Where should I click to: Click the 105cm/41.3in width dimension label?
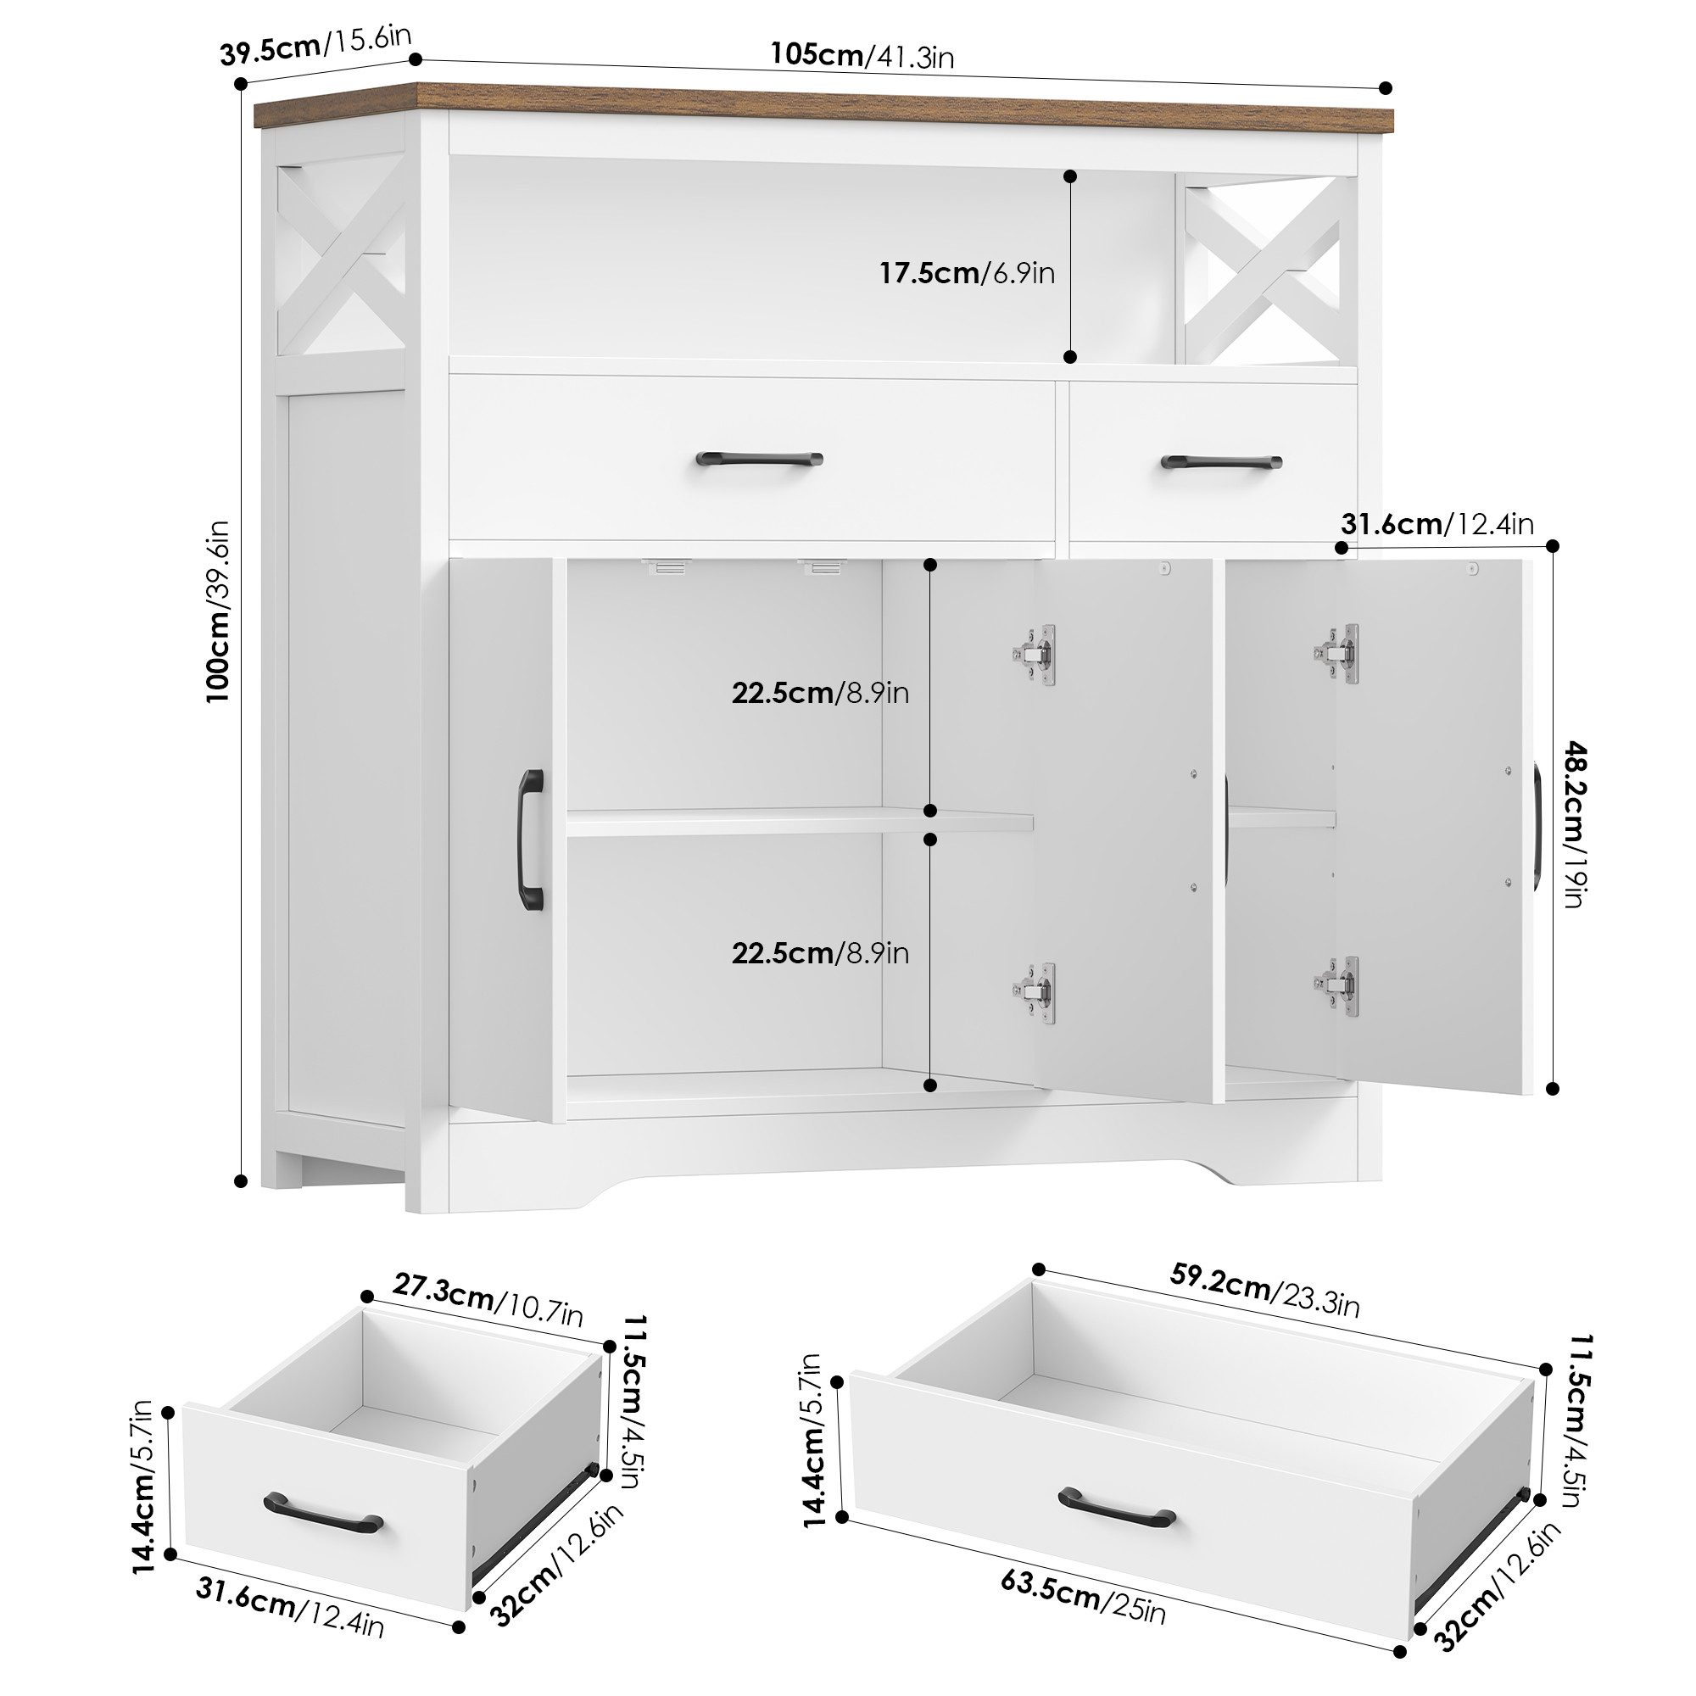click(862, 55)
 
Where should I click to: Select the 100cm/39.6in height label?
click(219, 611)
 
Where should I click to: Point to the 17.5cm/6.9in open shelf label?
click(968, 273)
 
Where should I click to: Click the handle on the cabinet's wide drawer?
click(758, 459)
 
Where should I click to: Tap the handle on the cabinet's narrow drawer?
click(1220, 463)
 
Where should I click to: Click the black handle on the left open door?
click(531, 840)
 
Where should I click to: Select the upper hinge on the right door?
click(1338, 652)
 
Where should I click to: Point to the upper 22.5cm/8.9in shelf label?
click(820, 694)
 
